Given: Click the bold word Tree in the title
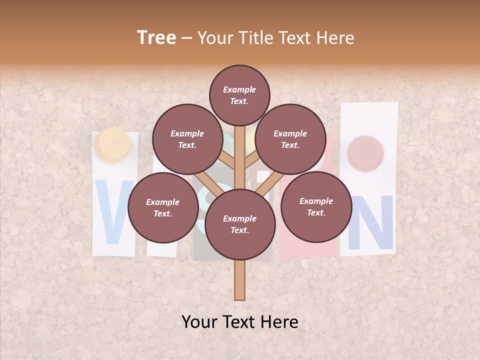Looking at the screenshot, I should [x=156, y=38].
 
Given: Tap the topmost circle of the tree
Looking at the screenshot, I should [x=239, y=95].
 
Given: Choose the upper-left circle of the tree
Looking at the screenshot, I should [x=187, y=139].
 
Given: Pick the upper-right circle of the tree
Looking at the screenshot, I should [x=290, y=139].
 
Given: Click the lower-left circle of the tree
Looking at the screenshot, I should [x=162, y=208].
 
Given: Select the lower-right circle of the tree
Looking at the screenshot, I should [x=316, y=206].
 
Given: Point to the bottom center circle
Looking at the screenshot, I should [x=240, y=224].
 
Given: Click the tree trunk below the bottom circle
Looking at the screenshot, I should [x=240, y=280].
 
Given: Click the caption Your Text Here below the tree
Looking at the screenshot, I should [x=240, y=322].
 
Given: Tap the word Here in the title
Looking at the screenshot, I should [x=337, y=38].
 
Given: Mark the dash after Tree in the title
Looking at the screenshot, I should [x=186, y=38].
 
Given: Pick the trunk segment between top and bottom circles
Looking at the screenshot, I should [x=240, y=160].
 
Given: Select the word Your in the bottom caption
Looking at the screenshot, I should [x=199, y=322].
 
